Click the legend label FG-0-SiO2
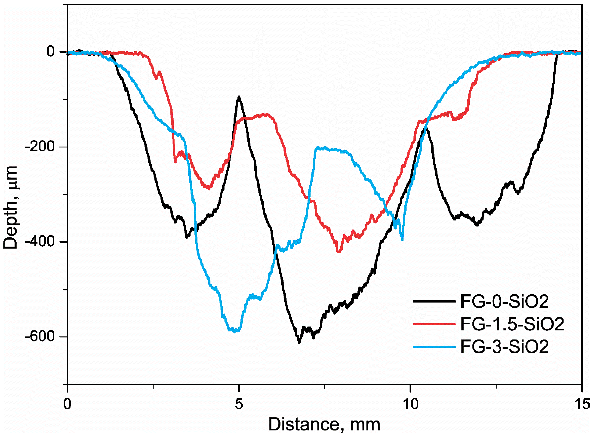point(504,302)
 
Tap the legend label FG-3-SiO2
point(504,347)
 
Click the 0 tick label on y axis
point(51,52)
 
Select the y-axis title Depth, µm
point(11,208)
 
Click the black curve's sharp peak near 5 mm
point(239,97)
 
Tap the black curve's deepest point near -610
point(299,342)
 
